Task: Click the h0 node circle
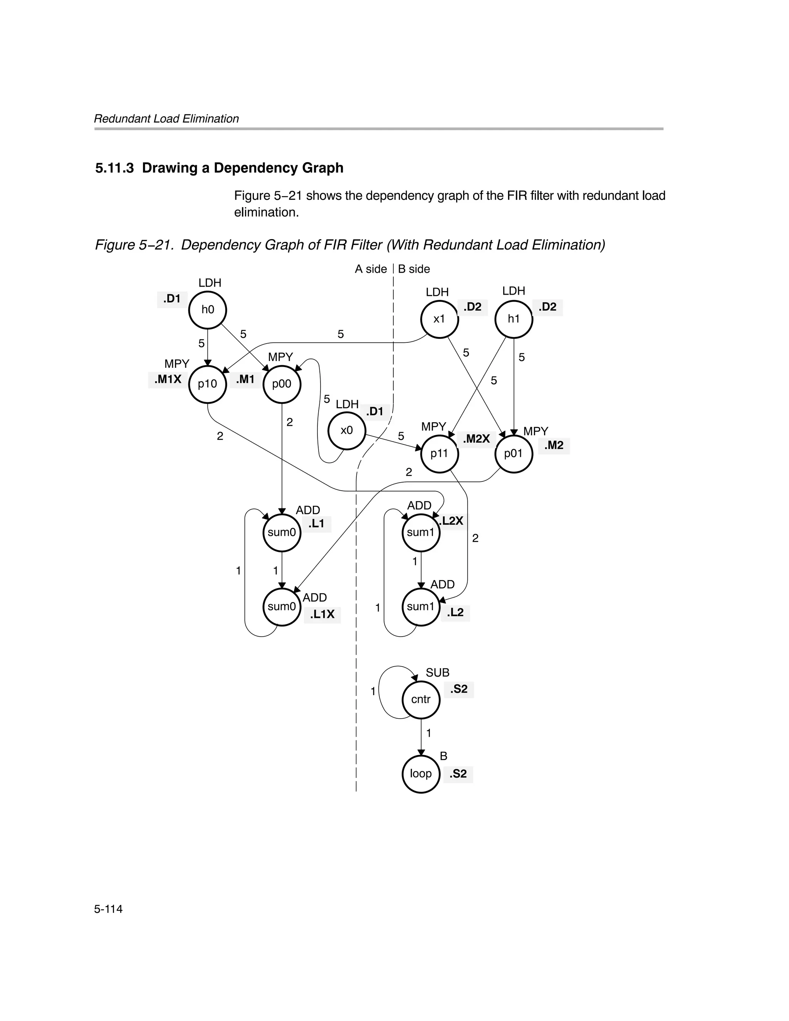tap(208, 310)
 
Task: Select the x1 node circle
tap(439, 319)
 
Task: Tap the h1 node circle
tap(514, 319)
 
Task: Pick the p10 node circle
tap(207, 384)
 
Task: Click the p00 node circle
tap(282, 384)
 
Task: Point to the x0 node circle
tap(347, 430)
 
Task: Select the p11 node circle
tap(439, 453)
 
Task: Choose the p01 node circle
tap(514, 453)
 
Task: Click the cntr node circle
tap(421, 699)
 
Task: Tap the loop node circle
tap(421, 774)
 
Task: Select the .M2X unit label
tap(476, 439)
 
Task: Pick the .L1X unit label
tap(322, 614)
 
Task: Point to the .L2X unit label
tap(452, 521)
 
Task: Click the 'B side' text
tap(414, 269)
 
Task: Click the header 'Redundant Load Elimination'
tap(166, 119)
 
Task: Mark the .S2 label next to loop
tap(458, 774)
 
